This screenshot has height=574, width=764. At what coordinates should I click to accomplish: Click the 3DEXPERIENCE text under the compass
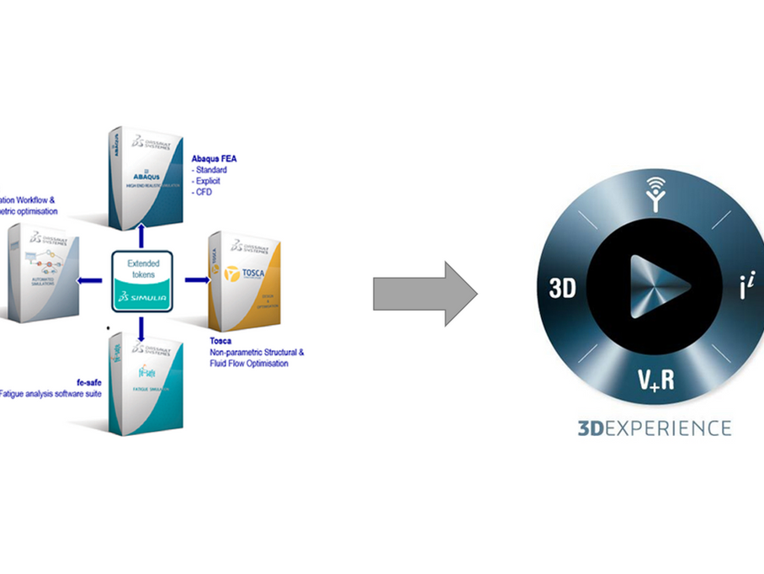(x=655, y=428)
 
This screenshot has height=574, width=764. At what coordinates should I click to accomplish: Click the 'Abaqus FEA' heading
(x=215, y=157)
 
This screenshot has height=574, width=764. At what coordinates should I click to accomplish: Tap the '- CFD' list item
(x=204, y=193)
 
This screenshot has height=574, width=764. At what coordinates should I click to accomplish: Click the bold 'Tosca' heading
(x=220, y=341)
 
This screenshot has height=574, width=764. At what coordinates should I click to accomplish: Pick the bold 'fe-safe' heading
(x=87, y=382)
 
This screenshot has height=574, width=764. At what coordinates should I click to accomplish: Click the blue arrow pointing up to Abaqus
(x=141, y=234)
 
